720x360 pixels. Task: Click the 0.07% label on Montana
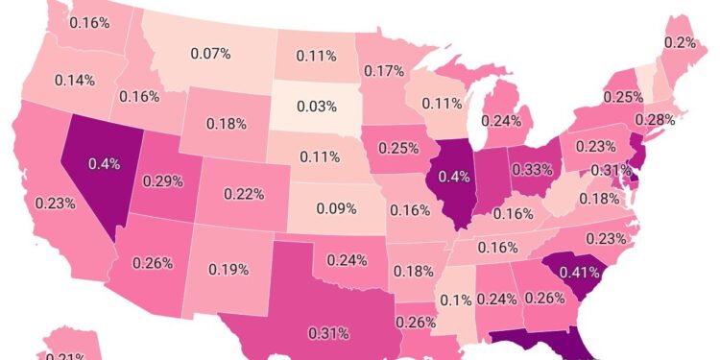pos(211,54)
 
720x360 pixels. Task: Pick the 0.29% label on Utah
pos(163,180)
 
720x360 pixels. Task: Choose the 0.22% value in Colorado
pos(245,194)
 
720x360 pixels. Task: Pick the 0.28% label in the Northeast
pos(660,119)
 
